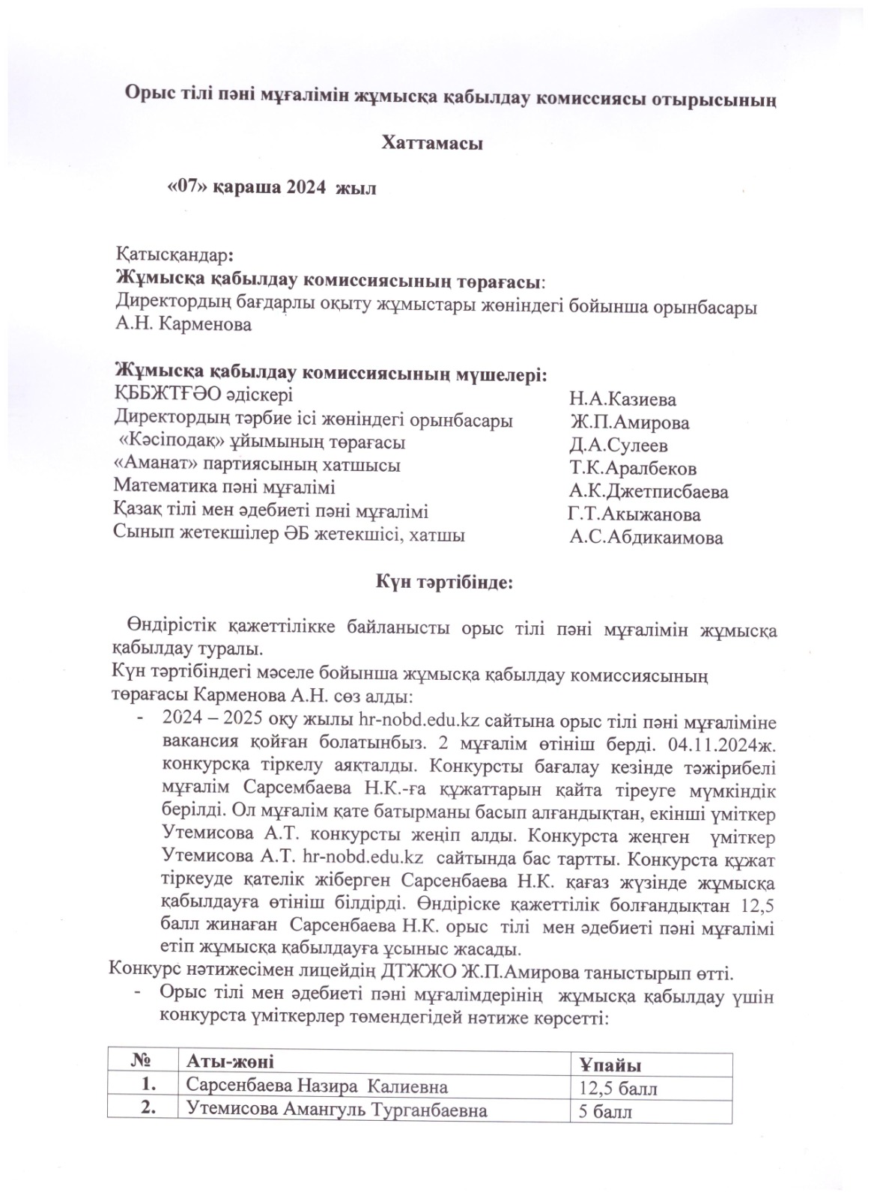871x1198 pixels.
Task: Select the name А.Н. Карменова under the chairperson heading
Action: click(183, 325)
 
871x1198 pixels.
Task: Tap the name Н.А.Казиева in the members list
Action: click(622, 399)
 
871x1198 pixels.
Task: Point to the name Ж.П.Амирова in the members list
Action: click(629, 422)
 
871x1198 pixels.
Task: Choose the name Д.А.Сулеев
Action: click(619, 446)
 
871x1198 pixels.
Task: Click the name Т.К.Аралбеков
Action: click(633, 469)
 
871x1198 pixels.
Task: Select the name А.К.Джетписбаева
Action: click(649, 492)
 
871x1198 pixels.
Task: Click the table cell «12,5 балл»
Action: click(619, 1088)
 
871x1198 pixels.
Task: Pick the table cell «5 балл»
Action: click(605, 1112)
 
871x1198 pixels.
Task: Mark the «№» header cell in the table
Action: click(140, 1061)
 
